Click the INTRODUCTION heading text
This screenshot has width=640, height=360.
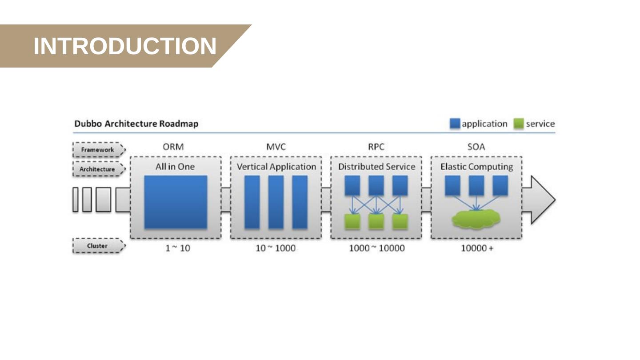click(125, 46)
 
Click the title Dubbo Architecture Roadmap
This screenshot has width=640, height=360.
click(136, 124)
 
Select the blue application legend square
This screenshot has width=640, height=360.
click(455, 124)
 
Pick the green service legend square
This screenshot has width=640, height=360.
click(518, 124)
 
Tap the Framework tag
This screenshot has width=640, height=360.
click(98, 150)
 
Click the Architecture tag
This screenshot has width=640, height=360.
click(97, 169)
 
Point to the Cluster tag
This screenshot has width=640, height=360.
click(97, 246)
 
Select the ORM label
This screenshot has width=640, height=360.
click(173, 147)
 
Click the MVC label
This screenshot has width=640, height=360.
click(276, 147)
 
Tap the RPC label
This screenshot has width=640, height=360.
click(376, 147)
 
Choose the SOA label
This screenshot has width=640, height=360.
click(476, 147)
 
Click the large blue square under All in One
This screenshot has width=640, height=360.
click(176, 202)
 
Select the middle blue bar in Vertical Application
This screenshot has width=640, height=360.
click(276, 202)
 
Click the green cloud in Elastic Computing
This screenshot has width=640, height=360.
click(476, 219)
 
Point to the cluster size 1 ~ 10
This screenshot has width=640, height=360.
click(178, 248)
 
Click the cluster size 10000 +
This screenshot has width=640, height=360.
click(477, 248)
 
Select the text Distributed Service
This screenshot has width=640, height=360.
click(376, 167)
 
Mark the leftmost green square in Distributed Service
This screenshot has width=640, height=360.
click(352, 221)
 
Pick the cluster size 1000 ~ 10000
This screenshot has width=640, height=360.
click(376, 248)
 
